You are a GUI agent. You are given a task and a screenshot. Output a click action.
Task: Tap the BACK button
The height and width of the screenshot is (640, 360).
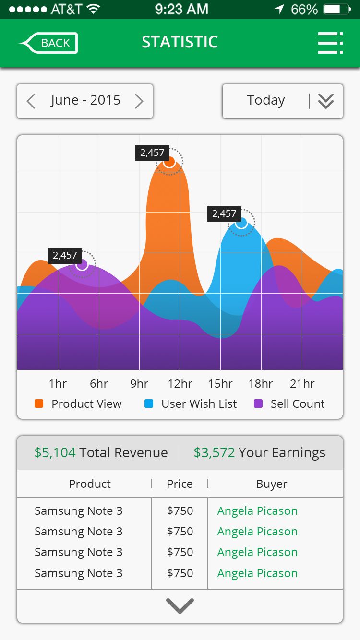tap(49, 43)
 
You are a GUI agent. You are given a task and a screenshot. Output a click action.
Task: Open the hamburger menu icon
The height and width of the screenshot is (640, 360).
tap(330, 43)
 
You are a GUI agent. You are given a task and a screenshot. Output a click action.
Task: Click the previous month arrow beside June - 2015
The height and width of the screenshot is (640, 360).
tap(31, 101)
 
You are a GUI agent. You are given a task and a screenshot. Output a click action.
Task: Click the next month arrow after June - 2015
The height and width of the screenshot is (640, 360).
tap(139, 101)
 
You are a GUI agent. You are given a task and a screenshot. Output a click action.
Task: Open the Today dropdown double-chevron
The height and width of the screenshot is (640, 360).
tap(326, 101)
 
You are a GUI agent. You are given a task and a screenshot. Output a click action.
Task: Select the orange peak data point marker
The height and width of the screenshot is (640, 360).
tap(169, 162)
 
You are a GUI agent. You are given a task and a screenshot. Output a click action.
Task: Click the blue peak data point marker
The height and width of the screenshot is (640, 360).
tap(241, 223)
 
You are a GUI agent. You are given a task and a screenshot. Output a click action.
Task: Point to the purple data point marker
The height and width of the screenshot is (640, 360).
tap(82, 264)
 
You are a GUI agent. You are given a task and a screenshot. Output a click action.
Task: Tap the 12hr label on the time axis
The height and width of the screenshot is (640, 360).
tap(180, 384)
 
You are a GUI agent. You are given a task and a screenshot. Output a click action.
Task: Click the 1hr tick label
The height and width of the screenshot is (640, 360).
tap(58, 384)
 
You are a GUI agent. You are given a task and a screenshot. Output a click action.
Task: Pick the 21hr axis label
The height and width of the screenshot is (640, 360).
tap(302, 384)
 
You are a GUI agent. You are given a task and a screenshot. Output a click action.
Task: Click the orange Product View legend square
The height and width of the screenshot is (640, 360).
tap(39, 403)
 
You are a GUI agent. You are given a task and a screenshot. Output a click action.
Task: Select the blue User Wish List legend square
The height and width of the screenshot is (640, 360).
tap(149, 403)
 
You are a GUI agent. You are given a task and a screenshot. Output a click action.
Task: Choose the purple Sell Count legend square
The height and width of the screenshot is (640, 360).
tap(258, 403)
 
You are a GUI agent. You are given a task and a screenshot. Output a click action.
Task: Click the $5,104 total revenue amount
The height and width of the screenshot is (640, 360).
tap(55, 452)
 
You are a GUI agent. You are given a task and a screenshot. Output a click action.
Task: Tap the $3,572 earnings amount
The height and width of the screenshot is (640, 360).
tap(214, 452)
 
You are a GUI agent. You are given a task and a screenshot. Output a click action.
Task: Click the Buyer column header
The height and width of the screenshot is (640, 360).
tap(272, 484)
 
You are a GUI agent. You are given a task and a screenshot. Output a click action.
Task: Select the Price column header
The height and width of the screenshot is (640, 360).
tap(180, 484)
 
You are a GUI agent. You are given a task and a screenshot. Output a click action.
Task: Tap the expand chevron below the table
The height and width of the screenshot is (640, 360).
tap(180, 606)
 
